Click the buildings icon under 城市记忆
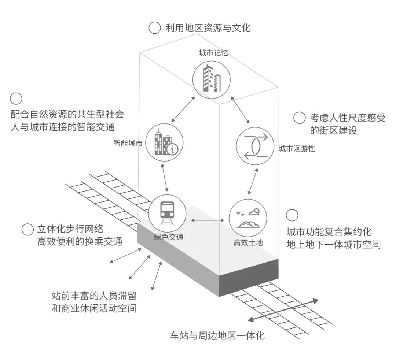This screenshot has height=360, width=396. (x=212, y=79)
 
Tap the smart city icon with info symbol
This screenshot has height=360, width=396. (x=164, y=143)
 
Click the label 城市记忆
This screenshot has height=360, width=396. (x=214, y=53)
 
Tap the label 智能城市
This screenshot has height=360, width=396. (x=128, y=143)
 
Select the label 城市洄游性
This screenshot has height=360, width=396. (x=297, y=149)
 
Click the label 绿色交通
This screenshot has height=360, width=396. (x=168, y=237)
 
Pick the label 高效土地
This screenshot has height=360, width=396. (x=248, y=242)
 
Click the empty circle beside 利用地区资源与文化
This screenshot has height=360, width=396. (x=155, y=28)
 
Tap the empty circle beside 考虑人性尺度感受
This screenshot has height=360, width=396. (x=300, y=118)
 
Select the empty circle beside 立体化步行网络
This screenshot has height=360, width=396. (x=27, y=230)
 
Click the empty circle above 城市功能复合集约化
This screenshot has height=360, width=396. (x=292, y=216)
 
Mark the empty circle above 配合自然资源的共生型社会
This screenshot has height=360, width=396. (x=16, y=99)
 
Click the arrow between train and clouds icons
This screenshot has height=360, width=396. (x=208, y=220)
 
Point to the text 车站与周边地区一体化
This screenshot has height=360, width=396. (x=217, y=335)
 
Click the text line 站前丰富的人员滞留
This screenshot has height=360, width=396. (x=96, y=296)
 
